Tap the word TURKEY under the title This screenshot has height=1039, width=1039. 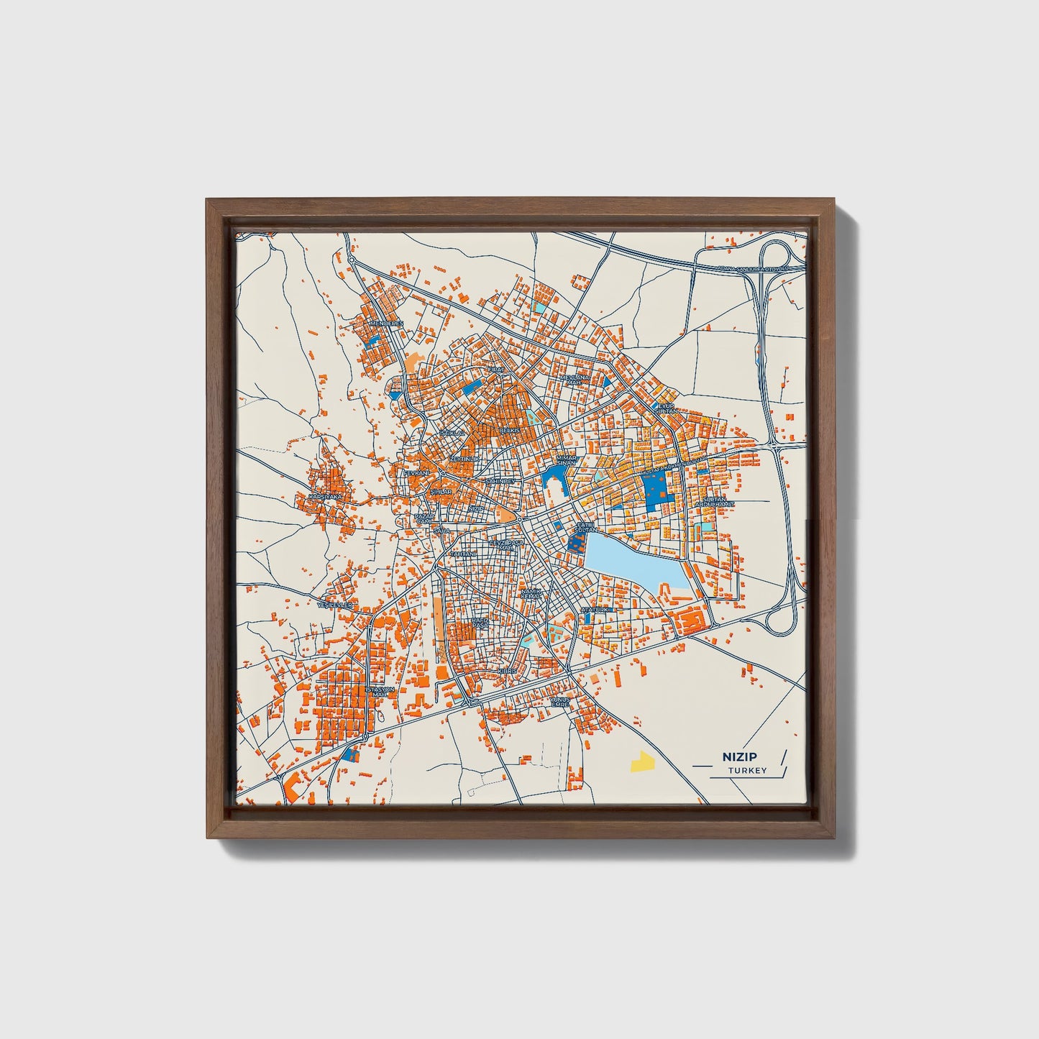(747, 771)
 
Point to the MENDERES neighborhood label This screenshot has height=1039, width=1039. (386, 324)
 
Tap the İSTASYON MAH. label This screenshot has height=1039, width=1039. (381, 692)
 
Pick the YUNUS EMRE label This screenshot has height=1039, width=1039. (559, 702)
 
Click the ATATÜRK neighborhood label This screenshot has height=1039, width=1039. (595, 610)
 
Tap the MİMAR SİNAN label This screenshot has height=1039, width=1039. (567, 461)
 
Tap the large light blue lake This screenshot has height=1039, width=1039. (629, 560)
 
